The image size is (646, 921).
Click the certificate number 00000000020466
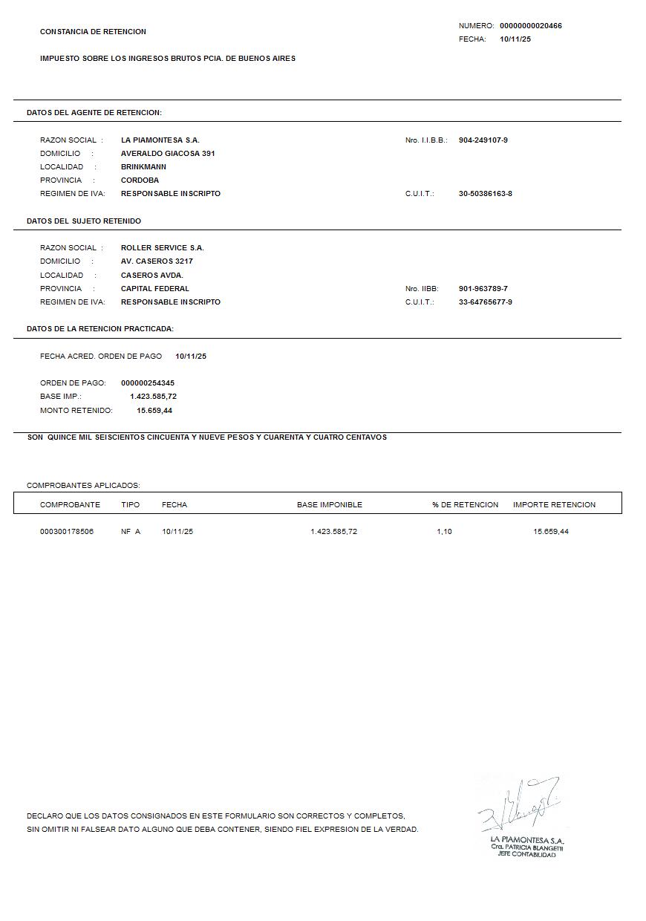pos(530,26)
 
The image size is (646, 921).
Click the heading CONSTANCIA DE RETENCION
pos(93,32)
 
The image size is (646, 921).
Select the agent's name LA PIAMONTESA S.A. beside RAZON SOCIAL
pos(160,140)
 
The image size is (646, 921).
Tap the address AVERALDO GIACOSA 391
pos(168,154)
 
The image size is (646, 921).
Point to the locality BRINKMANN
pos(143,167)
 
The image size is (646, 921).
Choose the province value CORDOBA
pos(140,180)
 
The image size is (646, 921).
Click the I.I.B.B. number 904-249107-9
pos(483,140)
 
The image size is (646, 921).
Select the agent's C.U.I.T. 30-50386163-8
pos(485,194)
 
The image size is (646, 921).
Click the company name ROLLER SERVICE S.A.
pos(162,248)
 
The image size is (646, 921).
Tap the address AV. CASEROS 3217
pos(157,261)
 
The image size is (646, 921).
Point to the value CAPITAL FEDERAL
pos(154,289)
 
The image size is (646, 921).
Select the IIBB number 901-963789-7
pos(483,289)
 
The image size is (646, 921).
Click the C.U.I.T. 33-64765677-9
pos(485,302)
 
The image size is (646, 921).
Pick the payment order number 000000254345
pos(147,383)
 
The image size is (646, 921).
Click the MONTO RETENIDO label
pos(76,411)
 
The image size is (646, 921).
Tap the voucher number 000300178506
pos(67,532)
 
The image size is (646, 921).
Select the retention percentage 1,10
pos(444,532)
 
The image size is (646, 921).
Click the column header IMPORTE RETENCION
pos(554,505)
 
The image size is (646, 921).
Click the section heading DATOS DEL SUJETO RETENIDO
pos(83,221)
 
